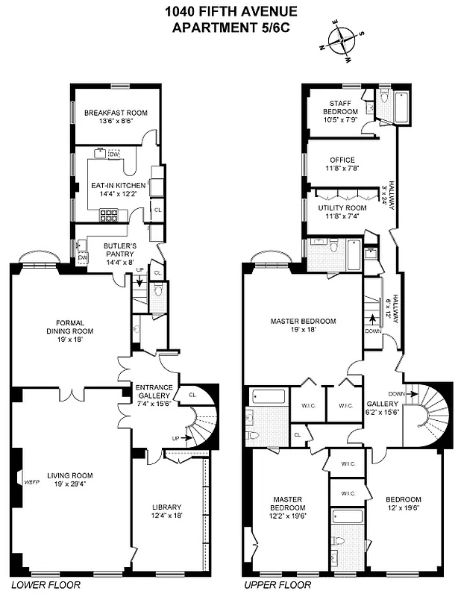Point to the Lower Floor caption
(x=35, y=586)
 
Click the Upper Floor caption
(x=266, y=586)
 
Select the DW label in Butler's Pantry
(x=83, y=257)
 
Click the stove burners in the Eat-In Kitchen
(x=110, y=216)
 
